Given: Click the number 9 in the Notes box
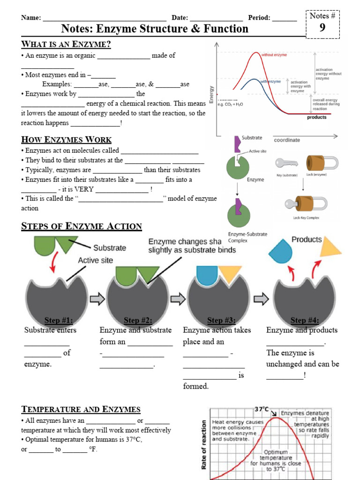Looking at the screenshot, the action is [322, 28].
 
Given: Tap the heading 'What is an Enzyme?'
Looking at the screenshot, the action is [66, 45].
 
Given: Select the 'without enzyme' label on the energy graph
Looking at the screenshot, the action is [274, 55].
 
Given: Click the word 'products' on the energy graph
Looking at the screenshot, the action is [317, 117].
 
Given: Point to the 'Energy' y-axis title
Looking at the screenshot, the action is [212, 94].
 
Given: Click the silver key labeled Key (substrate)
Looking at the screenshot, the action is [285, 163].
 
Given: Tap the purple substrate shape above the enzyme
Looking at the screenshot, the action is [236, 143].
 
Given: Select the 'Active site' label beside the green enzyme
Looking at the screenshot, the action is [258, 151].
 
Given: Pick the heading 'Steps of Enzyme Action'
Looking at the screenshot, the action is [82, 226].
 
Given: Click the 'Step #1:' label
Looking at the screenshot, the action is [59, 321].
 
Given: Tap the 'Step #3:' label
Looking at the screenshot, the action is [221, 321].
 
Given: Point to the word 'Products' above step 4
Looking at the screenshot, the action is [307, 240].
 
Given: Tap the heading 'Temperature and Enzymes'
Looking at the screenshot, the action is [81, 409].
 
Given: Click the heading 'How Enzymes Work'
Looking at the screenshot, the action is [67, 140].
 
